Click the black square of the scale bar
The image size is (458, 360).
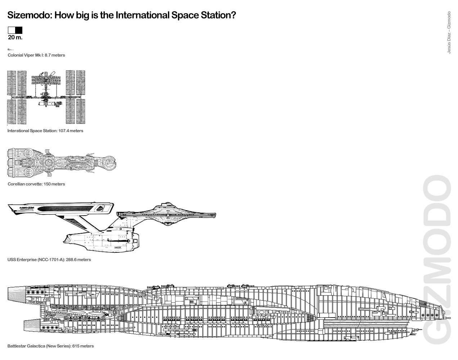click(19, 30)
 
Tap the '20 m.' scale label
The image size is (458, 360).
click(15, 37)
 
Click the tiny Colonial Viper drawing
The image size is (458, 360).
click(10, 49)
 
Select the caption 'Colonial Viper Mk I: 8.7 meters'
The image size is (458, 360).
click(36, 55)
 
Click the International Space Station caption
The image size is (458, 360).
click(45, 131)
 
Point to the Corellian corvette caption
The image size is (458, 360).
click(36, 184)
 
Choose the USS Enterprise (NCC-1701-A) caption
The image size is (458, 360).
click(49, 260)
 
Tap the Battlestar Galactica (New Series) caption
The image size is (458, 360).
click(50, 346)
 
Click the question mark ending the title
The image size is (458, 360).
click(233, 15)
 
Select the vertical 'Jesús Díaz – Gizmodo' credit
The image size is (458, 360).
click(449, 32)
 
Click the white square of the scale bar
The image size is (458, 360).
click(12, 30)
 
